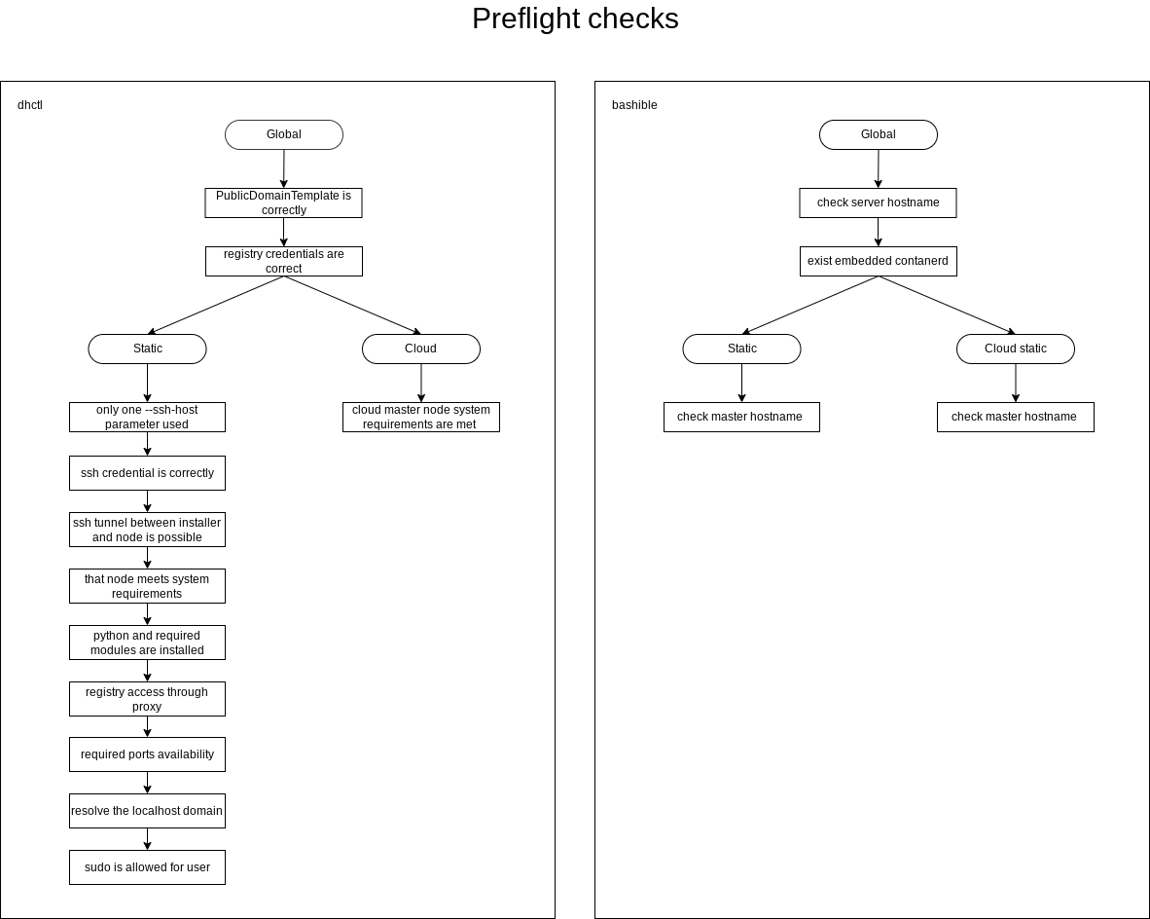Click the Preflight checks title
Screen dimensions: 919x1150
pos(575,19)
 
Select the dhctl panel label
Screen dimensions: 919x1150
pos(30,105)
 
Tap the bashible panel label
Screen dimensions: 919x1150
pos(634,105)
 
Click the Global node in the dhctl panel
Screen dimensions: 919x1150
pos(284,134)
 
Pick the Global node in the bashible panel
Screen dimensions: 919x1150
pos(879,134)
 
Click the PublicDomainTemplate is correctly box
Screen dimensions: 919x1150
pos(284,202)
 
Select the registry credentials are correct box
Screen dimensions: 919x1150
pos(284,261)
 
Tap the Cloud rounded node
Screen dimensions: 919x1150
pos(421,349)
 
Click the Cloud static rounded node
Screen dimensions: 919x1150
pos(1016,349)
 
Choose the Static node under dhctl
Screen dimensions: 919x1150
pos(148,349)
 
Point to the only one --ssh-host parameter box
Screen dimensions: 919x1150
pos(148,417)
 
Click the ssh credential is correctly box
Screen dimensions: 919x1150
pos(148,473)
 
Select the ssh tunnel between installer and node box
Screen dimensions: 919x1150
pos(148,530)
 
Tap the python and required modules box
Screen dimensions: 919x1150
pos(148,643)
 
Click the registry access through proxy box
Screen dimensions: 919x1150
pos(148,699)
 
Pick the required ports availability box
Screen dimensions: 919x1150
pos(148,754)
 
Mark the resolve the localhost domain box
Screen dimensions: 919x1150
pos(148,811)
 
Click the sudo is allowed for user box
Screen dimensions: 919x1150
pos(148,867)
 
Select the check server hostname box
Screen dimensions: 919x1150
pos(879,202)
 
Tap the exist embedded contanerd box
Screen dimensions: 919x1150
pos(879,261)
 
